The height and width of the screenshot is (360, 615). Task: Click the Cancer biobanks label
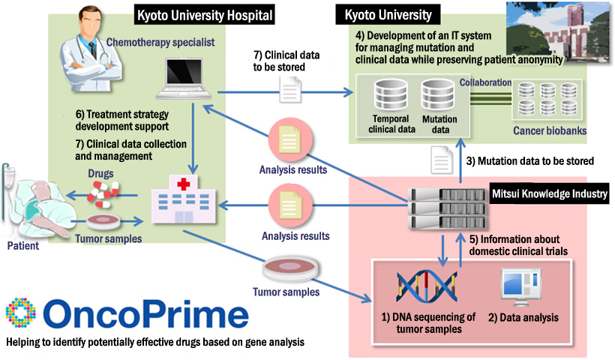[549, 131]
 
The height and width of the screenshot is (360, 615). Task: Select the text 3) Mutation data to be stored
[530, 160]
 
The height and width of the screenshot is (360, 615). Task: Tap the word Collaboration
[486, 82]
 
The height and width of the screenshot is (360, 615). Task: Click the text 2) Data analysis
[524, 317]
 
